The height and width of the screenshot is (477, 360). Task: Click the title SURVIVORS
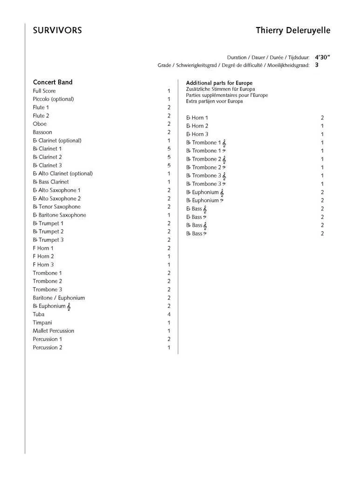point(57,31)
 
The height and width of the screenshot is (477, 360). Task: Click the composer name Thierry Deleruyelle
point(293,31)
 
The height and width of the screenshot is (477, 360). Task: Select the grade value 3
point(317,65)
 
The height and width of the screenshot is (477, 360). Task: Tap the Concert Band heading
point(53,82)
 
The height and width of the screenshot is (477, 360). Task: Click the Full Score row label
point(44,91)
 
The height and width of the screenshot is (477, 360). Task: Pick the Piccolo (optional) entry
point(53,99)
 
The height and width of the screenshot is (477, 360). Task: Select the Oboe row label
point(40,124)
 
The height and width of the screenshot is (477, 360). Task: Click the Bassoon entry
point(42,132)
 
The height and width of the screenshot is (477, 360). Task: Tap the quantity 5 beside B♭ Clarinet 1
point(169,149)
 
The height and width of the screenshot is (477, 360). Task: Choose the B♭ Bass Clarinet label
point(51,182)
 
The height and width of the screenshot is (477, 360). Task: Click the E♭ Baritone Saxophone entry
point(59,215)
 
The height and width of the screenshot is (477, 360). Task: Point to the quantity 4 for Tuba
point(169,314)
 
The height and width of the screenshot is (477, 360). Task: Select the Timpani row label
point(42,322)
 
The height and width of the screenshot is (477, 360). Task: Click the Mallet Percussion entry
point(53,331)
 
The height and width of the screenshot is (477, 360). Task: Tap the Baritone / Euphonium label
point(59,298)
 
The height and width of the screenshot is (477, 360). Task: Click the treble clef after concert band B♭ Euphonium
point(69,307)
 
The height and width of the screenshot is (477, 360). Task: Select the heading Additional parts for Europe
point(219,83)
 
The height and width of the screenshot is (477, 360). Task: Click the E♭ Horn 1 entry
point(197,118)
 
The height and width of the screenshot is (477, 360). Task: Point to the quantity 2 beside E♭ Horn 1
point(322,118)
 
